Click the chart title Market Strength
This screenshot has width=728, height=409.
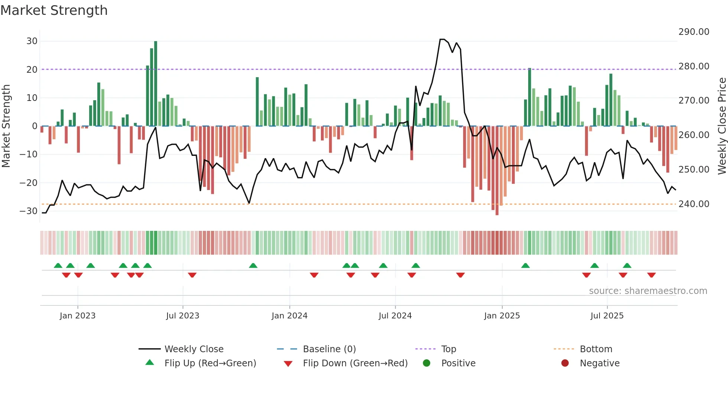54,10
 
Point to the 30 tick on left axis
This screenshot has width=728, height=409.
32,41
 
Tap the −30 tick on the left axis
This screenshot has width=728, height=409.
29,211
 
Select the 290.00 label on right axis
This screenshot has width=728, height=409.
694,32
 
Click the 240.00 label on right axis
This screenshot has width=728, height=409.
694,204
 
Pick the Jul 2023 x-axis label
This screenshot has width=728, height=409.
182,316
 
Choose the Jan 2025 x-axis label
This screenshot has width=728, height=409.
502,316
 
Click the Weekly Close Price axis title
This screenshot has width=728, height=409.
722,126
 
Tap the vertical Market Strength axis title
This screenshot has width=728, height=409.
6,126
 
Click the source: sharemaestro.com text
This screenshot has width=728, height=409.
648,291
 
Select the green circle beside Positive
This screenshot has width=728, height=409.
427,363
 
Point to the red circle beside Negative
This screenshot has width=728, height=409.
565,363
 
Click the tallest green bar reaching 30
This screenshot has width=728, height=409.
156,84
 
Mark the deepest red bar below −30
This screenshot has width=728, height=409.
497,171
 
